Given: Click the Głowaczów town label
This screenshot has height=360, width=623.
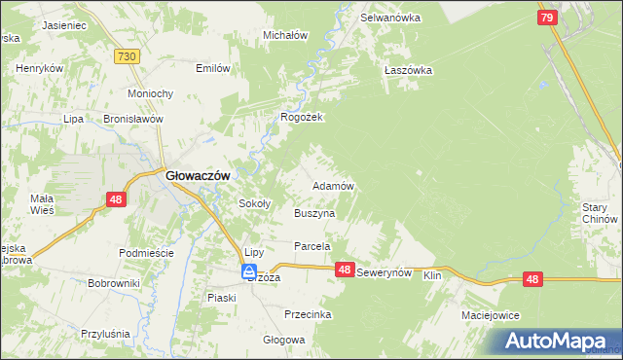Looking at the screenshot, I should [198, 175].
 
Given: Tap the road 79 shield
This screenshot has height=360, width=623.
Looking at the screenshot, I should [547, 18].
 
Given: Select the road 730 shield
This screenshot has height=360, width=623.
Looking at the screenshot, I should [125, 57].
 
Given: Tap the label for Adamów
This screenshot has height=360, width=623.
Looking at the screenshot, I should [332, 185].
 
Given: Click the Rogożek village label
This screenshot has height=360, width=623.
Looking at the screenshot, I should [301, 117].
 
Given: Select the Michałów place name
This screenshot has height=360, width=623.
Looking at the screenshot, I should [285, 35].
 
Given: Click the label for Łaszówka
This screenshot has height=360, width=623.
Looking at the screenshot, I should [407, 70].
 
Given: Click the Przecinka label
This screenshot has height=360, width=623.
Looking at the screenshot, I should [308, 314].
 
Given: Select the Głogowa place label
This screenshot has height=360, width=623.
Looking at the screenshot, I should [284, 341].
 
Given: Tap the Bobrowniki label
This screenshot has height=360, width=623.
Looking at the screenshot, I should [114, 283].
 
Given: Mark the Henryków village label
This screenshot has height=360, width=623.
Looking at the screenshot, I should [39, 69].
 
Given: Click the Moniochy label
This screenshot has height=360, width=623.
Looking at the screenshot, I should [151, 93].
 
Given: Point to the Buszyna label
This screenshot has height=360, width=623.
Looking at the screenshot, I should [314, 212].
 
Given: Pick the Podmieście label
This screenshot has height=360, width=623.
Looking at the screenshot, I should [145, 253].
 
